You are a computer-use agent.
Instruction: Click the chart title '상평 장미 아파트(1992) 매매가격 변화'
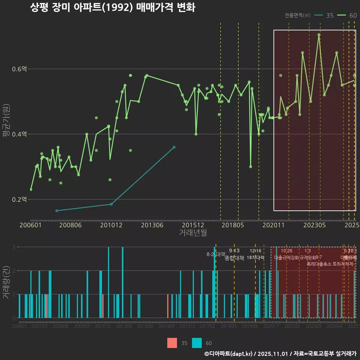tap(112, 8)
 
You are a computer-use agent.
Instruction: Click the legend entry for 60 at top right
tap(347, 15)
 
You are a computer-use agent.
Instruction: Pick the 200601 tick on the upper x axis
tap(30, 225)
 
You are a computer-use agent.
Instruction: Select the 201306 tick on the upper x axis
tap(152, 225)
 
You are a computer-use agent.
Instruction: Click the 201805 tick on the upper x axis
tap(233, 225)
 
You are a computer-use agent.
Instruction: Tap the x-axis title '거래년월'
tap(193, 233)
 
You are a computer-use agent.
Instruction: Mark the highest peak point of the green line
tap(319, 35)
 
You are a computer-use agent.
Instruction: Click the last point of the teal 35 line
tap(174, 147)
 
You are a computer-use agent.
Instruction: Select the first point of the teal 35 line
tap(57, 211)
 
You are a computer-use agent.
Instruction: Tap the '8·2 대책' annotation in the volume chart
tap(216, 254)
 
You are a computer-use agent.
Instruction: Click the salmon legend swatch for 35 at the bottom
tap(172, 343)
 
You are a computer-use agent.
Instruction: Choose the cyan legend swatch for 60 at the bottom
tap(197, 343)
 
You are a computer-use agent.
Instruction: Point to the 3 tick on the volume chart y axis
tap(13, 247)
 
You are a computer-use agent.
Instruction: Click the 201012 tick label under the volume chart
tap(103, 327)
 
